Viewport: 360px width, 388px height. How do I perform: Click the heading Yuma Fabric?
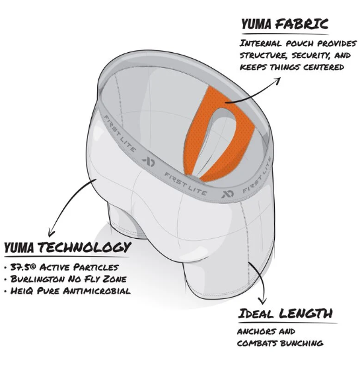click(x=285, y=24)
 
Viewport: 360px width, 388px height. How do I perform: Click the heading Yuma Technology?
click(x=67, y=247)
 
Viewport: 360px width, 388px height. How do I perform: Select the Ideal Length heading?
click(x=285, y=313)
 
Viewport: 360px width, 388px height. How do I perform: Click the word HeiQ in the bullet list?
click(x=22, y=291)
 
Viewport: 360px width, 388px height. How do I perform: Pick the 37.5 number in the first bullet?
click(x=20, y=267)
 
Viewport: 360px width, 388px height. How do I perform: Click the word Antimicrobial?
click(x=96, y=291)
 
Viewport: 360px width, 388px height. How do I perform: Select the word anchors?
click(x=253, y=331)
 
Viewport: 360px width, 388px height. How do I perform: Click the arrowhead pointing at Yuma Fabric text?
click(x=277, y=81)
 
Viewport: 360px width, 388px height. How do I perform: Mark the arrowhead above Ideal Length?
click(x=263, y=301)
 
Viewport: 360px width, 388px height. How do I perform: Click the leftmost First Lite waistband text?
click(x=120, y=134)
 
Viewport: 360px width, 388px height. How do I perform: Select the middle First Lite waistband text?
click(x=186, y=184)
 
